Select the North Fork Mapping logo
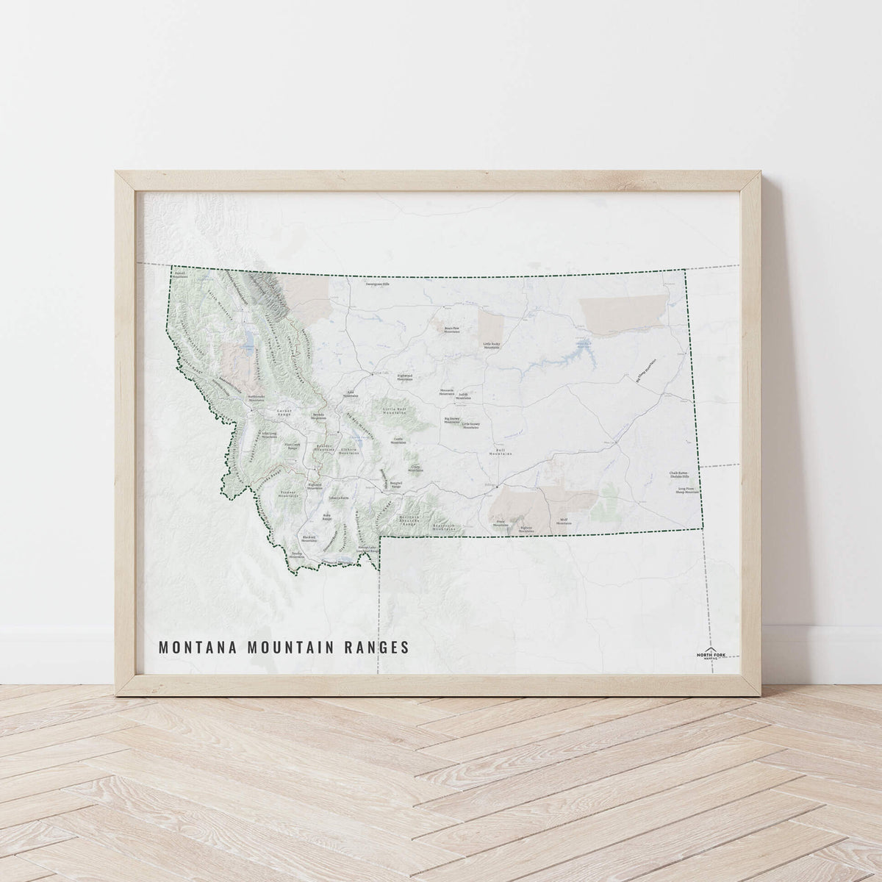[711, 655]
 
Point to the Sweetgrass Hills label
[379, 283]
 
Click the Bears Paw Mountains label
[451, 330]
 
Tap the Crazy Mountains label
[415, 467]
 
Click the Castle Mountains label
[398, 442]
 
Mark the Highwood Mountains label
[405, 376]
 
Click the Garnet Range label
[284, 411]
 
